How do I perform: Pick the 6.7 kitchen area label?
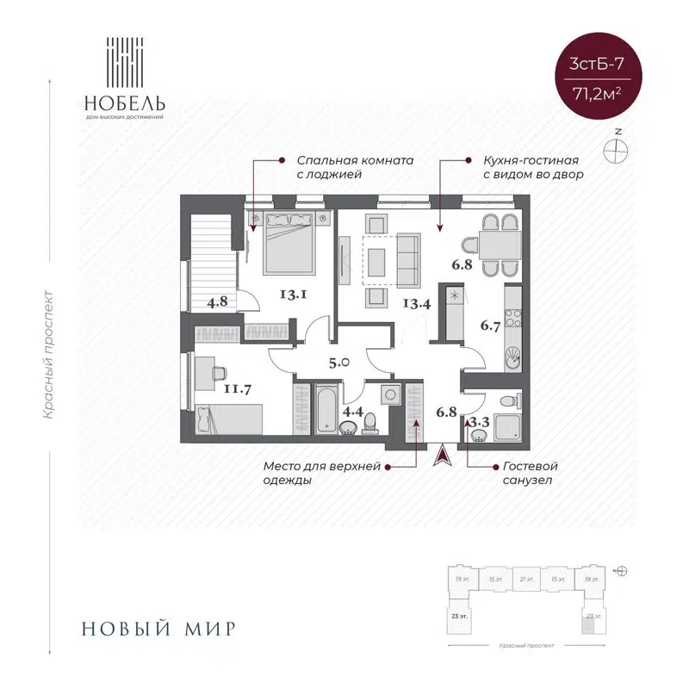pyautogui.click(x=490, y=326)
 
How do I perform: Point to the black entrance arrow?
pyautogui.click(x=443, y=454)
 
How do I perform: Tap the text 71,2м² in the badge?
pyautogui.click(x=592, y=94)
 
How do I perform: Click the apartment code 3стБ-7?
pyautogui.click(x=592, y=64)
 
